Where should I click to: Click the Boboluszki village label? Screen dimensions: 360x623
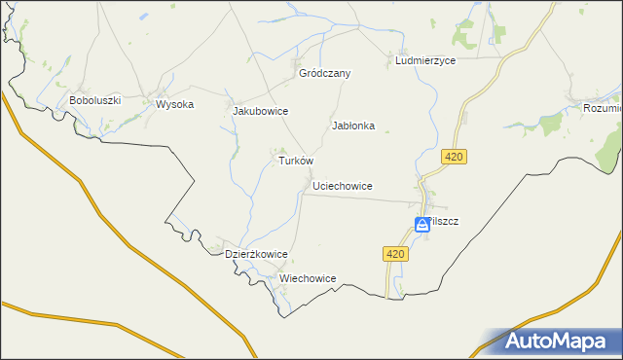pyautogui.click(x=94, y=100)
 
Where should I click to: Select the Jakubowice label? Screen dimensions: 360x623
pyautogui.click(x=260, y=111)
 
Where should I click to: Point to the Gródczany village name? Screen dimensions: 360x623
pyautogui.click(x=324, y=73)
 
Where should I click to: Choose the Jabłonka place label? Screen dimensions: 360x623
pyautogui.click(x=353, y=126)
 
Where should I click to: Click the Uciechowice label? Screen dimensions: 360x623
pyautogui.click(x=343, y=185)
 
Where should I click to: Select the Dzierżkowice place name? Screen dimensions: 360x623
pyautogui.click(x=256, y=254)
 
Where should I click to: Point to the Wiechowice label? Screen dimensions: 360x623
pyautogui.click(x=308, y=278)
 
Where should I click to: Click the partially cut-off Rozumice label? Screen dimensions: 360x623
pyautogui.click(x=601, y=108)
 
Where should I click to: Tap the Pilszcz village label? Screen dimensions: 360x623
pyautogui.click(x=444, y=221)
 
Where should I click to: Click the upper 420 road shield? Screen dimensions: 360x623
pyautogui.click(x=454, y=157)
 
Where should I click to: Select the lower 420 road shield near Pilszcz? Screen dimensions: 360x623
pyautogui.click(x=393, y=253)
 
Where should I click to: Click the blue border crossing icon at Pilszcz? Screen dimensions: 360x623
pyautogui.click(x=421, y=225)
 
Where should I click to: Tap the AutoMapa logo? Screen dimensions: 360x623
pyautogui.click(x=556, y=341)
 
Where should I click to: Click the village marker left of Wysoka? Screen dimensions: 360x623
pyautogui.click(x=148, y=97)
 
